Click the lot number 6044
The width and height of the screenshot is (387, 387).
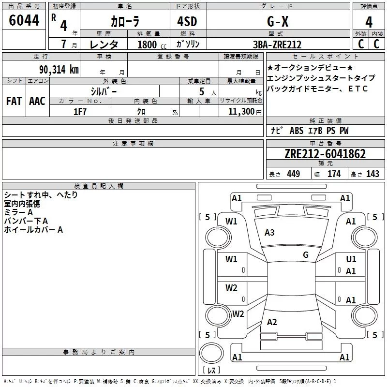click(24, 20)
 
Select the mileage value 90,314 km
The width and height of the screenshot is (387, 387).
click(59, 70)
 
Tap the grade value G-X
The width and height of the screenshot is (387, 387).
click(278, 21)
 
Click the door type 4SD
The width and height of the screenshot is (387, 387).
click(187, 21)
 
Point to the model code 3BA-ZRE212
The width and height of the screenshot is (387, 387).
click(277, 45)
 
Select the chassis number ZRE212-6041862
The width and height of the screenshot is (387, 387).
click(325, 154)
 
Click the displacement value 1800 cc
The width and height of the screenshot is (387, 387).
click(152, 45)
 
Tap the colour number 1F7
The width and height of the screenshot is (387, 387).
click(80, 112)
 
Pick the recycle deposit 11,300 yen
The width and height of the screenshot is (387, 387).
click(245, 112)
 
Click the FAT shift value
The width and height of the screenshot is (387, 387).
click(14, 101)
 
